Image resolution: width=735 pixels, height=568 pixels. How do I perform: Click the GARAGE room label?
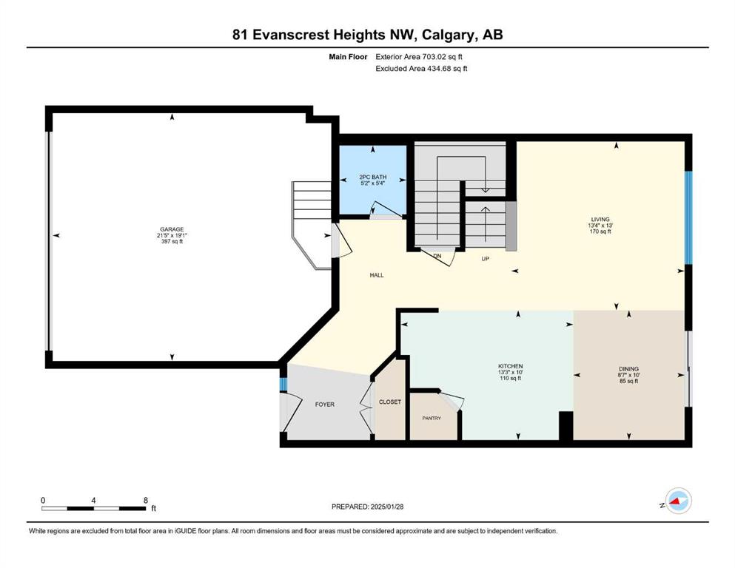[x=172, y=229]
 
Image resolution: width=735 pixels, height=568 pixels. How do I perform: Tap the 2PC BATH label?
[x=373, y=177]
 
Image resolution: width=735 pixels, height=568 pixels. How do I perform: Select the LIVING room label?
[x=600, y=219]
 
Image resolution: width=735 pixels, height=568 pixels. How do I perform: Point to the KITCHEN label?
[x=511, y=366]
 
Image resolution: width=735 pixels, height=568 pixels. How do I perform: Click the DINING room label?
[x=628, y=369]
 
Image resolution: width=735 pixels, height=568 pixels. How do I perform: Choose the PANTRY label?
[x=432, y=418]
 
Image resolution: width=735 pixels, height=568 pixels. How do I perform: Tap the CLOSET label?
[x=390, y=402]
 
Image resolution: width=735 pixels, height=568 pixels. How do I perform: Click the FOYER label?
[x=324, y=404]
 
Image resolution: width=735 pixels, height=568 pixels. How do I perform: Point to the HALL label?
[x=377, y=275]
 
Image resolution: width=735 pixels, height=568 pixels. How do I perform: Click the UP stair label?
[x=485, y=258]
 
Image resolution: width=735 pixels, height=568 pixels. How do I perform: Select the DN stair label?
[x=437, y=256]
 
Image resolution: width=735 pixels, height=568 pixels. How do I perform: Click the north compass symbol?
[x=678, y=501]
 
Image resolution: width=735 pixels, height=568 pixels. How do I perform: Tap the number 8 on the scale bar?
[x=146, y=500]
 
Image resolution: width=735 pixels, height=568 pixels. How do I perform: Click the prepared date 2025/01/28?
[x=386, y=507]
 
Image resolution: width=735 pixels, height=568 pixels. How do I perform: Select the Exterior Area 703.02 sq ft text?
[x=419, y=57]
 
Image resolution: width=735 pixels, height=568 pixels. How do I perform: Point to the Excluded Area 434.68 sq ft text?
[x=421, y=68]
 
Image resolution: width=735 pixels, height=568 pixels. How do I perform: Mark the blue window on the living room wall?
[x=688, y=217]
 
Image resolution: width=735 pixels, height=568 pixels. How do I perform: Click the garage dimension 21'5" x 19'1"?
[x=172, y=235]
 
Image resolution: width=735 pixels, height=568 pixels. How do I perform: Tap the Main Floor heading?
[x=348, y=57]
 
